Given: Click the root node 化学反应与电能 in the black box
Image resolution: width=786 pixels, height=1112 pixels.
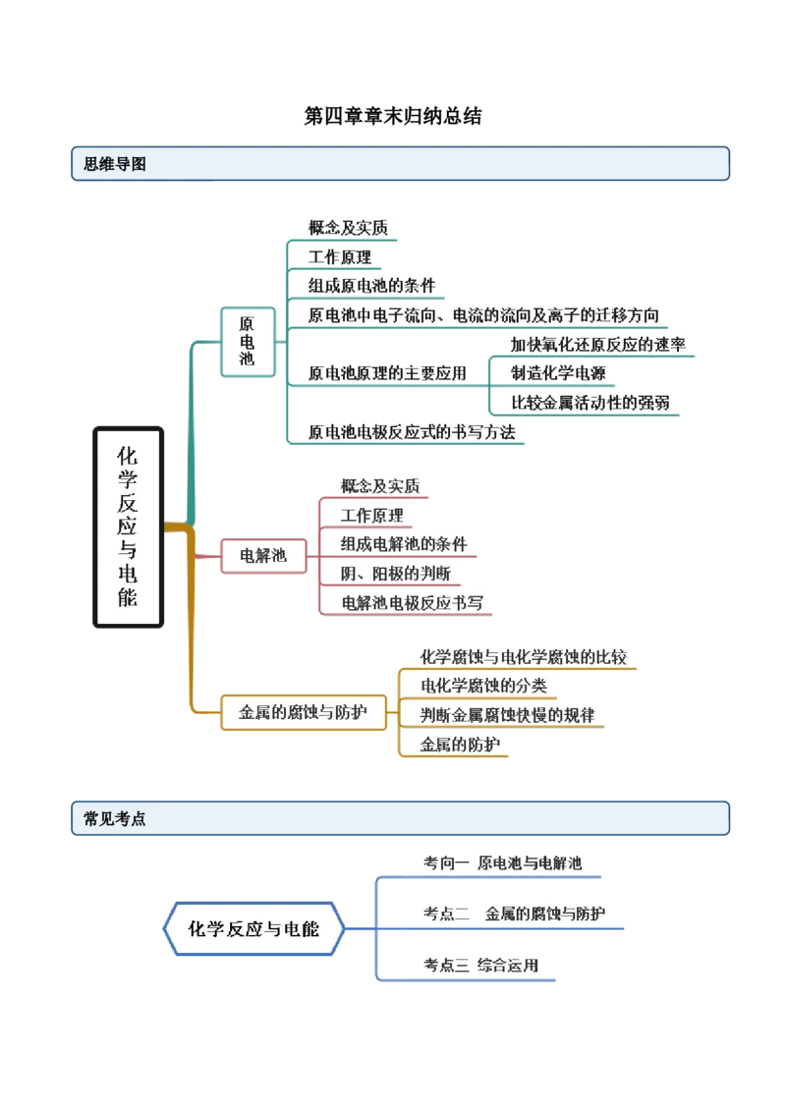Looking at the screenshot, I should pos(128,526).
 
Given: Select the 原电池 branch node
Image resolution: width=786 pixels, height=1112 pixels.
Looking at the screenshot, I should pos(247,341).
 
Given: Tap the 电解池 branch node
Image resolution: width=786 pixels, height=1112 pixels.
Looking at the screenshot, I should pos(263,556).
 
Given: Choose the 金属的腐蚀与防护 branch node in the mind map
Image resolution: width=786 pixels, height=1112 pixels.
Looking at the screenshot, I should pos(303,712).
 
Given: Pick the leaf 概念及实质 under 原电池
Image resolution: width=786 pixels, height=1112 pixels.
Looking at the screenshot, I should pos(348,228).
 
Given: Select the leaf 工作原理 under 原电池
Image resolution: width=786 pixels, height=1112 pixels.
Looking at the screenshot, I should pos(340,257).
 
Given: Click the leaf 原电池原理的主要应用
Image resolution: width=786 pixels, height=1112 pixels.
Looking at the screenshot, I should pos(387,373).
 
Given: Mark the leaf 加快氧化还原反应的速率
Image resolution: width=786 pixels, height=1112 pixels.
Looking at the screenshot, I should pos(597,344).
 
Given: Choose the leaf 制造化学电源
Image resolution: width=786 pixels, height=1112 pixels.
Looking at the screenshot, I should pos(558,372).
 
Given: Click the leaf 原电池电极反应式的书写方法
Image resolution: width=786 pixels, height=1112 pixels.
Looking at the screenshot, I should pos(412,431).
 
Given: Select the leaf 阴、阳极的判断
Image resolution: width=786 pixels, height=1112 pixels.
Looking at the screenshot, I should pos(396,573).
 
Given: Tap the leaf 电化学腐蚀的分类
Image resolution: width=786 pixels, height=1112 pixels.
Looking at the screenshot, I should pos(483,686).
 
